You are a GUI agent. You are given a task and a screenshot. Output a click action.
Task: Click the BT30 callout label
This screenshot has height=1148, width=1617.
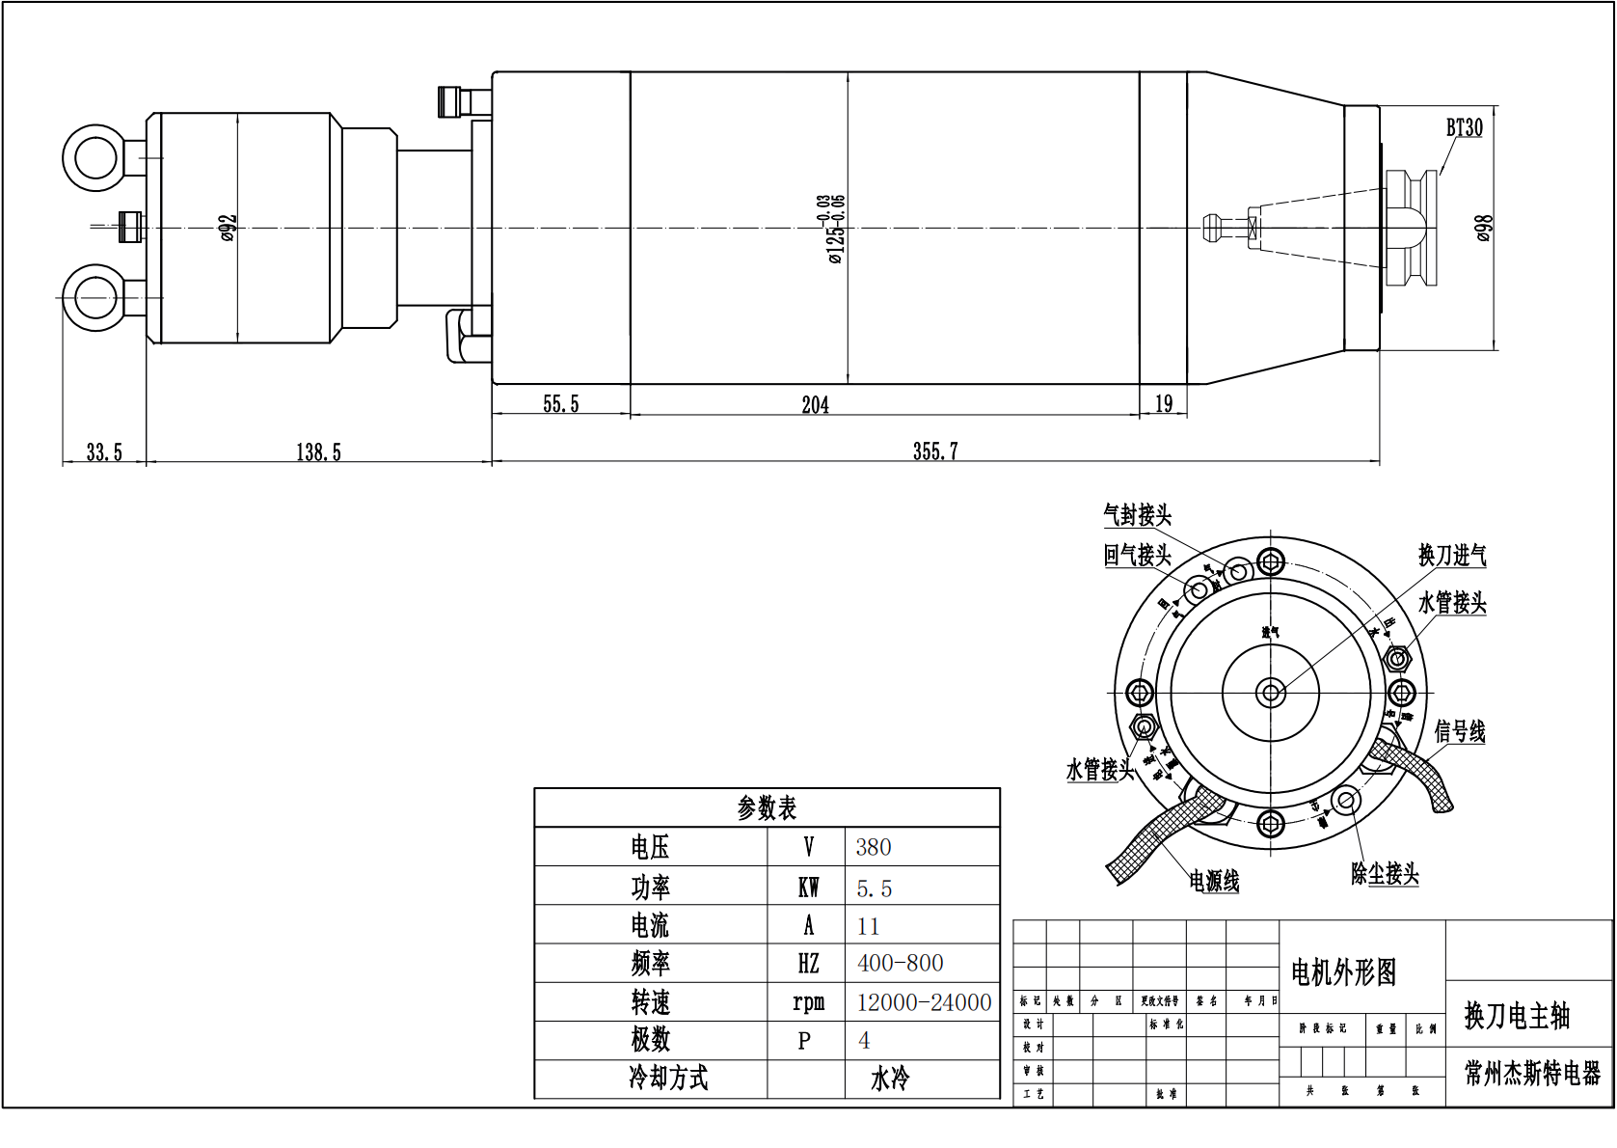pyautogui.click(x=1463, y=127)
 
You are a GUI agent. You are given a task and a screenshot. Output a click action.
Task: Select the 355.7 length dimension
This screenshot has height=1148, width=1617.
pyautogui.click(x=934, y=451)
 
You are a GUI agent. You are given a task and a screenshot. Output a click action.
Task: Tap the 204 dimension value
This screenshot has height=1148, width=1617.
pyautogui.click(x=815, y=405)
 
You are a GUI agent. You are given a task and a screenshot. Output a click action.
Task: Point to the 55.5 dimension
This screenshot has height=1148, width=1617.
pyautogui.click(x=560, y=404)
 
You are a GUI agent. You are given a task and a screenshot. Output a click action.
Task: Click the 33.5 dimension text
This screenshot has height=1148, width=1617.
pyautogui.click(x=104, y=452)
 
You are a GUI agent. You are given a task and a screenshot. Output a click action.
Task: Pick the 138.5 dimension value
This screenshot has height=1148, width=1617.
pyautogui.click(x=318, y=452)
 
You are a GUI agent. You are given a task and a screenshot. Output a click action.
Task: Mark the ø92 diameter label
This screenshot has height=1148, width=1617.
pyautogui.click(x=228, y=228)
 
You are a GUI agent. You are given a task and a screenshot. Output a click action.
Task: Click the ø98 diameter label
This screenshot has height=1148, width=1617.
pyautogui.click(x=1484, y=229)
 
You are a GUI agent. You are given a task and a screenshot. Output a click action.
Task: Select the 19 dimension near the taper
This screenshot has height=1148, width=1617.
pyautogui.click(x=1163, y=404)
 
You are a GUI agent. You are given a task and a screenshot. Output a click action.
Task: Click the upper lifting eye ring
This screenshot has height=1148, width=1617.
pyautogui.click(x=94, y=157)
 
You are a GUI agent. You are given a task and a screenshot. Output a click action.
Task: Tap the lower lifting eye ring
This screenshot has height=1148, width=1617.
pyautogui.click(x=94, y=298)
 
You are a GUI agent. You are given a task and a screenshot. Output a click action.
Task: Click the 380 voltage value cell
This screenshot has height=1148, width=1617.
pyautogui.click(x=874, y=847)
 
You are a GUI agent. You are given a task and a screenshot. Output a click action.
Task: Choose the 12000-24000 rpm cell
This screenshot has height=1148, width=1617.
pyautogui.click(x=923, y=1002)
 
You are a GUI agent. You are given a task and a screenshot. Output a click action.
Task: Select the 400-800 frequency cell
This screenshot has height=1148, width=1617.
pyautogui.click(x=900, y=963)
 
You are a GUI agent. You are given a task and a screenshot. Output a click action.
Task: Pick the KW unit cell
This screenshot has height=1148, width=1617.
pyautogui.click(x=807, y=888)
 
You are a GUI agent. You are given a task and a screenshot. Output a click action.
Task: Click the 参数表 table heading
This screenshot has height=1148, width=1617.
pyautogui.click(x=767, y=808)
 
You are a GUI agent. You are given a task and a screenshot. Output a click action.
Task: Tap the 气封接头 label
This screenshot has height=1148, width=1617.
pyautogui.click(x=1137, y=515)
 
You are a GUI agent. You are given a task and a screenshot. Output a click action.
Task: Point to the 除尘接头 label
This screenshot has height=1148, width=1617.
pyautogui.click(x=1385, y=874)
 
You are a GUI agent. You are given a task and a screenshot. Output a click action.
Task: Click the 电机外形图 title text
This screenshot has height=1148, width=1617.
pyautogui.click(x=1343, y=972)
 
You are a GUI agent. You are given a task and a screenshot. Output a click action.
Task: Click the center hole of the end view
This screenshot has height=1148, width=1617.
pyautogui.click(x=1271, y=693)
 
